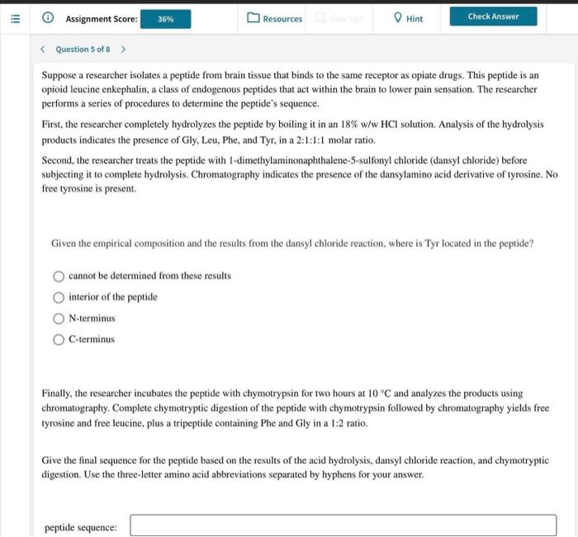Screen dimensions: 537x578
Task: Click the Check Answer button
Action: (493, 16)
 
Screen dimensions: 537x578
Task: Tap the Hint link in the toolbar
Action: (408, 18)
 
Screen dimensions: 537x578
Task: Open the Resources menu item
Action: (275, 18)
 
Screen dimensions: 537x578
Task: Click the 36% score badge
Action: (165, 18)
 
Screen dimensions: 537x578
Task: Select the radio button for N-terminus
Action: (59, 318)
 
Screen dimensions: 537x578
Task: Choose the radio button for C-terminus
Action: (59, 339)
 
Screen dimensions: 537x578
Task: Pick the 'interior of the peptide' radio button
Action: (59, 297)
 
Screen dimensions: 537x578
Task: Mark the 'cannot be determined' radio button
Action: (59, 276)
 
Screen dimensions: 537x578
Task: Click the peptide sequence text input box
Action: (343, 525)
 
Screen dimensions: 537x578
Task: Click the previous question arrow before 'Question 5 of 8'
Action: (44, 49)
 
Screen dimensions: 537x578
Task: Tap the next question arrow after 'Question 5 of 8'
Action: (123, 49)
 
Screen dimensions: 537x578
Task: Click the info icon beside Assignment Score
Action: (49, 18)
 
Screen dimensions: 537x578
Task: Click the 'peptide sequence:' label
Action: (80, 527)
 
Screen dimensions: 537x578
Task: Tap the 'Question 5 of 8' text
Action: (83, 49)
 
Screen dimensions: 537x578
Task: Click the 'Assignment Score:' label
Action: (101, 18)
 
